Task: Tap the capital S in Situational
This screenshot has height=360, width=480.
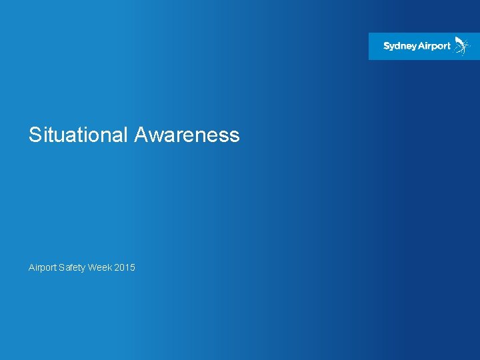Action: point(35,135)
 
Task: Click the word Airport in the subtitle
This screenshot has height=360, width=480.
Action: point(42,267)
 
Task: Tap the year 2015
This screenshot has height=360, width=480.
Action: point(125,267)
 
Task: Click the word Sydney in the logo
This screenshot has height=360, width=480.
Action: point(400,47)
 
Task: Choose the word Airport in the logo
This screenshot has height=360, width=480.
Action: point(435,47)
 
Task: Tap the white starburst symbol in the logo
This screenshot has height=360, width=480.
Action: point(461,45)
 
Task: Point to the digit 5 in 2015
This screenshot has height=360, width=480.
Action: point(133,267)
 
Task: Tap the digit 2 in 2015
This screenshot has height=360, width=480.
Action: point(117,267)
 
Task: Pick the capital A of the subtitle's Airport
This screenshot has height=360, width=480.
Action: point(31,267)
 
